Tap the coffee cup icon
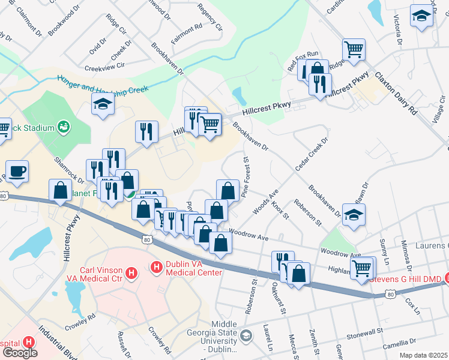point(17,170)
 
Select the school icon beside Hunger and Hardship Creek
point(103,105)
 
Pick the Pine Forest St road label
point(245,178)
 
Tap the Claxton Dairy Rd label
point(396,93)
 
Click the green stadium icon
point(63,127)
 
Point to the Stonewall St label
point(364,331)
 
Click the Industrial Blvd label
point(56,340)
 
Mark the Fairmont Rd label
point(187,28)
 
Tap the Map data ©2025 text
point(422,355)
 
